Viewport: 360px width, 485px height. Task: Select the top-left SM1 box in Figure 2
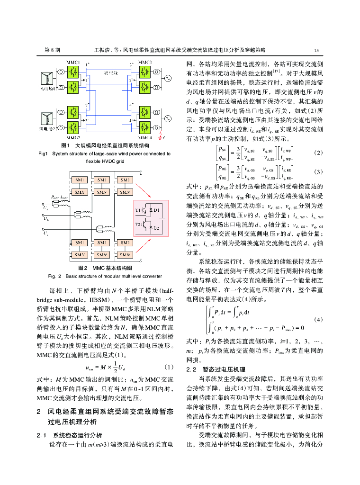[79, 180]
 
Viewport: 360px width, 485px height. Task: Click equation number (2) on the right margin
[318, 153]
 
